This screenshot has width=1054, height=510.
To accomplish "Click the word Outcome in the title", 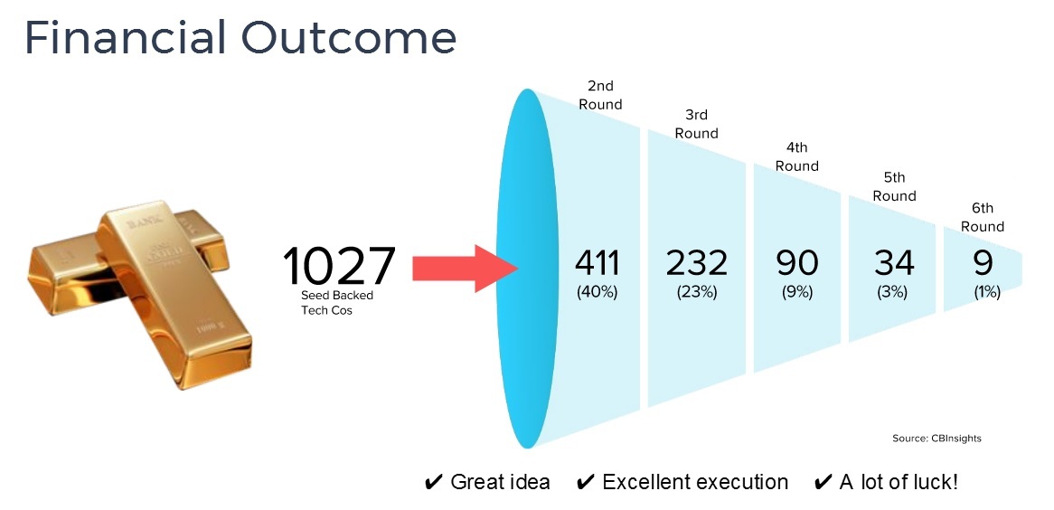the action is click(x=348, y=38).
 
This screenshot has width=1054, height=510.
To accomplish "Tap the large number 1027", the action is click(x=338, y=266).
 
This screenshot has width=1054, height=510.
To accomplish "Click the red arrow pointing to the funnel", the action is click(x=465, y=269).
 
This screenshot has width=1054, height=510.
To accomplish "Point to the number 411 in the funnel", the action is click(x=598, y=263).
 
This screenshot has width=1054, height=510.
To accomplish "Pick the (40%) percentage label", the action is click(x=597, y=292).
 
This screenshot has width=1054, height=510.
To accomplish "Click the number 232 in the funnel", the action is click(x=696, y=263).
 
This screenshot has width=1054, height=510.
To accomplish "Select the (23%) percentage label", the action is click(x=696, y=292).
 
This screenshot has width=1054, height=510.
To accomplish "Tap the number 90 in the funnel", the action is click(x=797, y=263).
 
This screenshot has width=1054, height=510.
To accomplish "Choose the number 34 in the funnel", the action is click(x=894, y=263).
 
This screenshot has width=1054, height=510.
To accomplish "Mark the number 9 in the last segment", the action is click(x=983, y=263).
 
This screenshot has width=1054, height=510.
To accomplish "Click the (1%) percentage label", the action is click(x=987, y=292).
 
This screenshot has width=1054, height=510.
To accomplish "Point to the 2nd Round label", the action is click(x=600, y=95).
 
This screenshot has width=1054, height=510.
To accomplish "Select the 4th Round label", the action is click(x=796, y=156).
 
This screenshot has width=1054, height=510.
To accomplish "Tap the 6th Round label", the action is click(x=982, y=217).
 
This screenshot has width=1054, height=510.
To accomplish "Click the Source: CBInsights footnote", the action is click(x=936, y=439).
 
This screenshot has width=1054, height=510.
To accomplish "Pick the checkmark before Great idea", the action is click(x=434, y=482).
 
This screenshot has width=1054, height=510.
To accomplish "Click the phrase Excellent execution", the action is click(x=695, y=482).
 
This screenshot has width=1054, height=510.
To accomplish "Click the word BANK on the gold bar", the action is click(x=140, y=222).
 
